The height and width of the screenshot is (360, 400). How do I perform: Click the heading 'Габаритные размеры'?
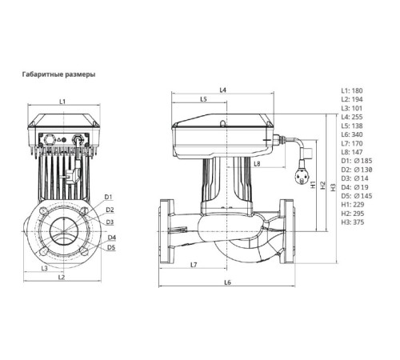[58, 74]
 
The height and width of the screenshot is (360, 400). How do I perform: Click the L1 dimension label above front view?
[62, 101]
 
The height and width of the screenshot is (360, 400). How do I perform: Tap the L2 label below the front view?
[62, 277]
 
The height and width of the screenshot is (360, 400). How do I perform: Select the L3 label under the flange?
[44, 267]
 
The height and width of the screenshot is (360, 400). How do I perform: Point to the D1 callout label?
[110, 197]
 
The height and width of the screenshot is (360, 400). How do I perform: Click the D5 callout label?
[111, 248]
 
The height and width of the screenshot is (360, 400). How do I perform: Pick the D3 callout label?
[110, 222]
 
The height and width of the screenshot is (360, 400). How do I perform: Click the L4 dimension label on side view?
[223, 90]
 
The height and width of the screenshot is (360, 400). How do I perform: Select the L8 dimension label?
[257, 163]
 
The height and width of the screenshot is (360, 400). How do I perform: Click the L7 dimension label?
[194, 264]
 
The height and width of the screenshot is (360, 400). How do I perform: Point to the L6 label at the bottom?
[227, 282]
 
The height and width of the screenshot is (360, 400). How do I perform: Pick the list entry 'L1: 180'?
[354, 91]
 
